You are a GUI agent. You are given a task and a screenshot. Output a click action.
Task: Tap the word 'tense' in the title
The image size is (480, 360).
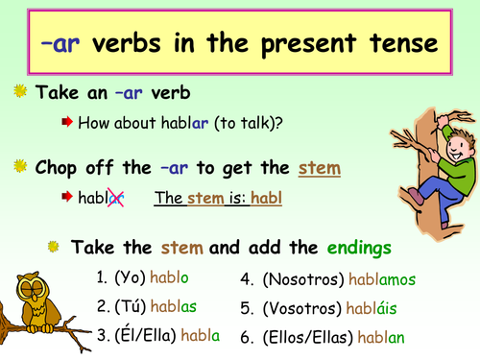396,43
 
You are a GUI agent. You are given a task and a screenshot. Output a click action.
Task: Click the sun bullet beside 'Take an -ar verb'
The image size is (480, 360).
19,93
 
